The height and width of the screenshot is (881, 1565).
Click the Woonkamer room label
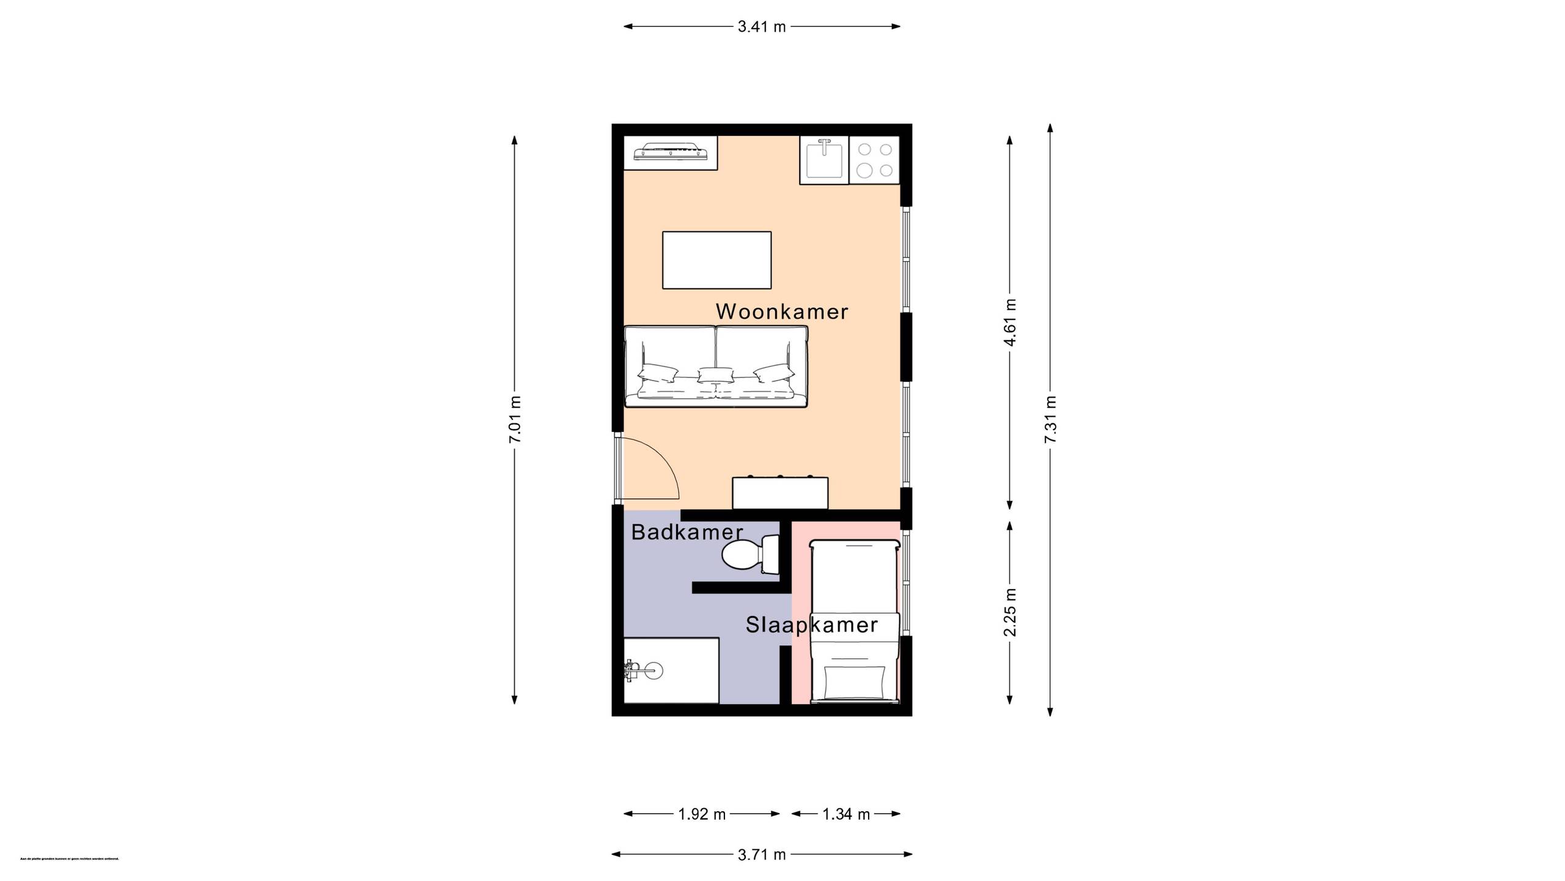782,312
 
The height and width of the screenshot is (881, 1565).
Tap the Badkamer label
687,532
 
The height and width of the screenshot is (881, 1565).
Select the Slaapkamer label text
812,625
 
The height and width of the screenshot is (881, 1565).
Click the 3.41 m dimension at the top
762,27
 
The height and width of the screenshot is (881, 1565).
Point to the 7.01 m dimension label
515,420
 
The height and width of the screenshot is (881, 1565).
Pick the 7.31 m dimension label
1050,420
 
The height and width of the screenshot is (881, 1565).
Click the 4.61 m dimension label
1010,322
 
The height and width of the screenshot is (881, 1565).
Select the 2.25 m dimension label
1010,612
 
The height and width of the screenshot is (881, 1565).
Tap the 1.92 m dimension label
702,814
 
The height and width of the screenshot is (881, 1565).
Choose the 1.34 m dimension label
846,814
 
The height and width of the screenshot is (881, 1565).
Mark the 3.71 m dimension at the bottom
762,855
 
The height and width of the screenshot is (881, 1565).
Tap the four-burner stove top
874,160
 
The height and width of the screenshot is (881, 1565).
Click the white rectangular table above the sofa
716,260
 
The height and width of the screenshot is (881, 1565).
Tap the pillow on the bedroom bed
854,682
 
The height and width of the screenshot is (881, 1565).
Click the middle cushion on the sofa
715,374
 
